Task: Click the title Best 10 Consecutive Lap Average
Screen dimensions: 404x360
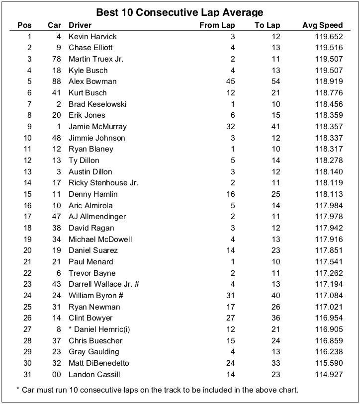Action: tap(180, 12)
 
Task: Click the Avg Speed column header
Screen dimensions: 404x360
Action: tap(322, 25)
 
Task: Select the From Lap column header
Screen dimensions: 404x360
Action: tap(217, 25)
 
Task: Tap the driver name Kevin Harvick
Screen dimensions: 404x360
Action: tap(92, 37)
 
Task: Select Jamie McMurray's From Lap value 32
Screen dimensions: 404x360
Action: tap(230, 127)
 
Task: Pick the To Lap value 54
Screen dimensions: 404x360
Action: tap(275, 81)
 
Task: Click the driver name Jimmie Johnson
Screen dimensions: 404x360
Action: tap(97, 138)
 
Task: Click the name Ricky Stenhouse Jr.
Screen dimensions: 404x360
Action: tap(103, 183)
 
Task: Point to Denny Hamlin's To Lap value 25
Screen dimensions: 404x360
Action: tap(275, 194)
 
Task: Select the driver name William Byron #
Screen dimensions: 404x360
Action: tap(96, 296)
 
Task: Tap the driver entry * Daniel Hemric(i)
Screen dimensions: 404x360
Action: tap(99, 329)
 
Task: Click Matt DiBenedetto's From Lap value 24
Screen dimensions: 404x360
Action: tap(230, 363)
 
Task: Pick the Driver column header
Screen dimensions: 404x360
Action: tap(80, 25)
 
